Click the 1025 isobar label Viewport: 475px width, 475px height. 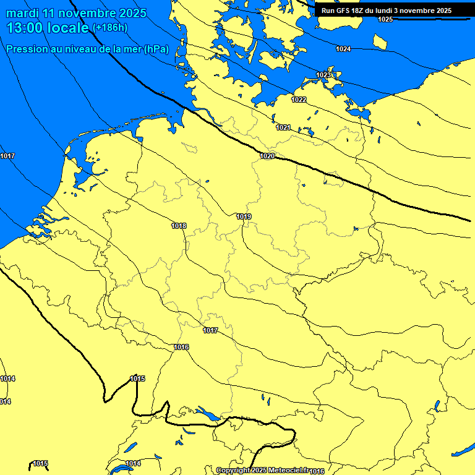(385, 19)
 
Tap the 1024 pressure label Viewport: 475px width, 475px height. (343, 49)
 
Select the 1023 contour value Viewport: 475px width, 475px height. (323, 75)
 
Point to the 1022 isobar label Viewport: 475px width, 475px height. (299, 100)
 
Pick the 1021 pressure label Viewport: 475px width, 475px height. (283, 127)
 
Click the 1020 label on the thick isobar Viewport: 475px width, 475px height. (267, 156)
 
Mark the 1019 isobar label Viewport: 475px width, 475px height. (244, 216)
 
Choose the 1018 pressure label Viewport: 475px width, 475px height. (179, 226)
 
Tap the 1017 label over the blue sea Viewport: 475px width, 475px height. (7, 156)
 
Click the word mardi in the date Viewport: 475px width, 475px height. (20, 13)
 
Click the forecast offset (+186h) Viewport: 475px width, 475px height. (110, 28)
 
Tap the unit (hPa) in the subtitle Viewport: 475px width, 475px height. (156, 49)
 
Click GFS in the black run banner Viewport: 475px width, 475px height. (344, 11)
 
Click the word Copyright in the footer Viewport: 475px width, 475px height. (233, 471)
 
